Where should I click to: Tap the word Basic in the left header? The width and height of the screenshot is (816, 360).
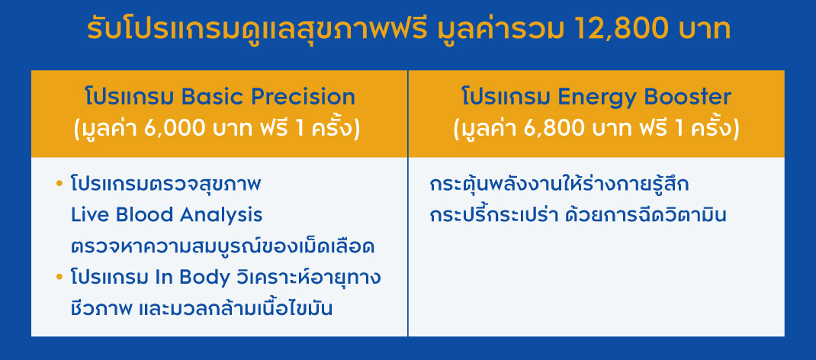pyautogui.click(x=211, y=97)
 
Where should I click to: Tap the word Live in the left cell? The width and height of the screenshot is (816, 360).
pyautogui.click(x=86, y=215)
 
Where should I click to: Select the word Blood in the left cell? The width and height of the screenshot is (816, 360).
pyautogui.click(x=140, y=215)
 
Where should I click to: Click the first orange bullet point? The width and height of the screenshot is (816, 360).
pyautogui.click(x=59, y=184)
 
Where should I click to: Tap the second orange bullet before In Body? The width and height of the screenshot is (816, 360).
pyautogui.click(x=59, y=278)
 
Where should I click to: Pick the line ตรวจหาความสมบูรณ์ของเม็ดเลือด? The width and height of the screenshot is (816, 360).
pyautogui.click(x=223, y=246)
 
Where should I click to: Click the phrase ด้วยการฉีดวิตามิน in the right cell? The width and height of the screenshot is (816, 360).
pyautogui.click(x=646, y=215)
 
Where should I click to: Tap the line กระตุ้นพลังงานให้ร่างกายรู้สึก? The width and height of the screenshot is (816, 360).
pyautogui.click(x=560, y=184)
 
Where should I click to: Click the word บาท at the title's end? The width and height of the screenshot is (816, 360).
pyautogui.click(x=705, y=31)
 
